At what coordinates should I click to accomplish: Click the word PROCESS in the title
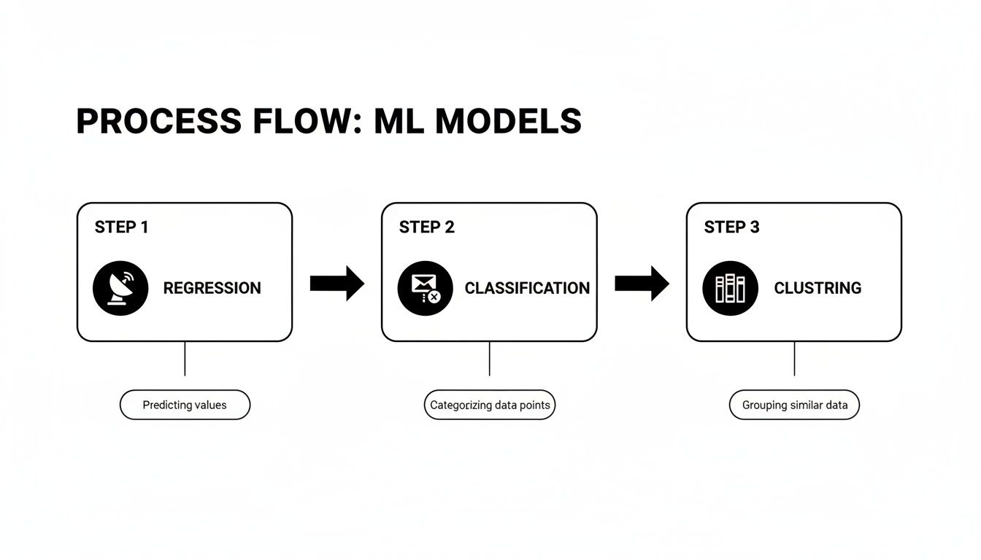point(158,122)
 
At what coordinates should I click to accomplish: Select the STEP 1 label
point(121,227)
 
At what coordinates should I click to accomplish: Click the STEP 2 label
point(426,227)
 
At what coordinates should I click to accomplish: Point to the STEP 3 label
point(731,227)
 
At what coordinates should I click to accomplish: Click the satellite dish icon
point(120,288)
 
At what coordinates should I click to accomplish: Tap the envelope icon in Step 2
point(425,288)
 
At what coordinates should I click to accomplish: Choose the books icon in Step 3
point(730,288)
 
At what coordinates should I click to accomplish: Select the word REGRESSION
point(212,288)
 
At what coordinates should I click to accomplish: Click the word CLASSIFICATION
point(527,288)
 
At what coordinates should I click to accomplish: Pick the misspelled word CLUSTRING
point(817,288)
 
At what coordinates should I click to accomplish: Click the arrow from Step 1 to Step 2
point(336,284)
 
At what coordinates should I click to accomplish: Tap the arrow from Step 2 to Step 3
point(642,284)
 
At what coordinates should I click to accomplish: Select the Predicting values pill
point(185,405)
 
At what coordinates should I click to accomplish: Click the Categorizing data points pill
point(490,405)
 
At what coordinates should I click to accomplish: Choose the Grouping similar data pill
point(794,405)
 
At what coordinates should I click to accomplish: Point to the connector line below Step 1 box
point(185,359)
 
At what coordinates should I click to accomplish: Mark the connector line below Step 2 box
point(489,359)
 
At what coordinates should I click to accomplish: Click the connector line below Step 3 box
point(794,359)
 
